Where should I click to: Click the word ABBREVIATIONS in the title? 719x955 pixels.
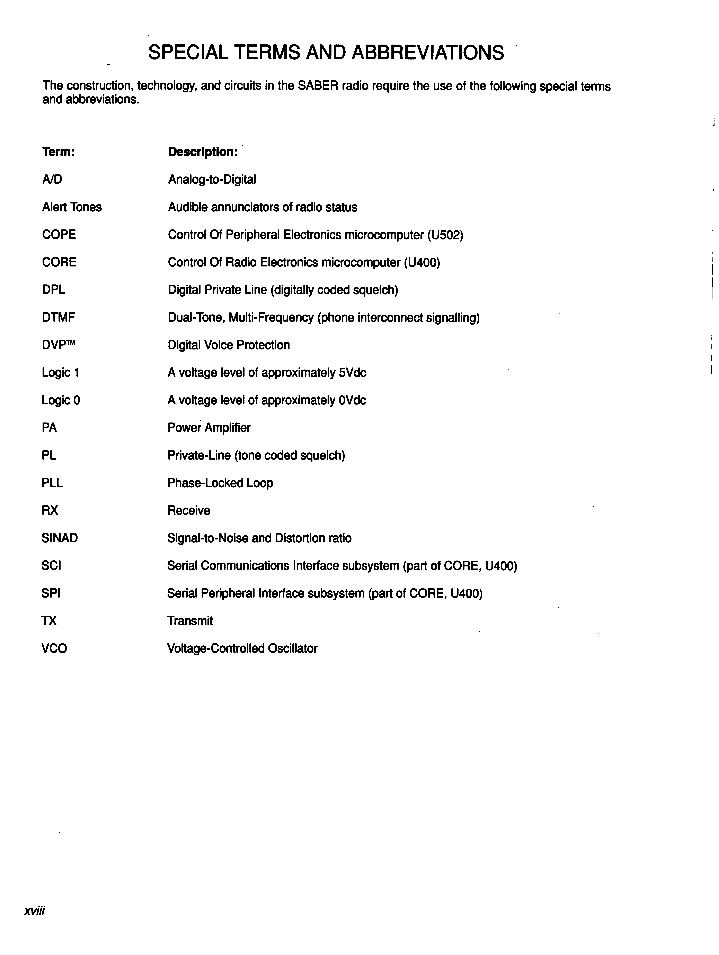pos(427,53)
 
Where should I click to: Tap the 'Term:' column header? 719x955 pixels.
pos(58,152)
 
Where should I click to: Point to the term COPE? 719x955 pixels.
pos(59,234)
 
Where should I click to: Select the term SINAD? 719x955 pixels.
pos(60,538)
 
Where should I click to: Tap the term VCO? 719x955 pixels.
pos(54,648)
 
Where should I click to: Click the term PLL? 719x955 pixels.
pos(52,483)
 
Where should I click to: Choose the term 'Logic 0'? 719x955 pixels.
pos(61,400)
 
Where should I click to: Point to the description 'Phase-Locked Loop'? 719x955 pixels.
pos(220,483)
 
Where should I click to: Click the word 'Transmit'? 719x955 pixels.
pos(190,621)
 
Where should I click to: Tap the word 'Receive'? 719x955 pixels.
pos(189,510)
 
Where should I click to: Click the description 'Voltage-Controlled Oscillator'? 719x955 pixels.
pos(242,648)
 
